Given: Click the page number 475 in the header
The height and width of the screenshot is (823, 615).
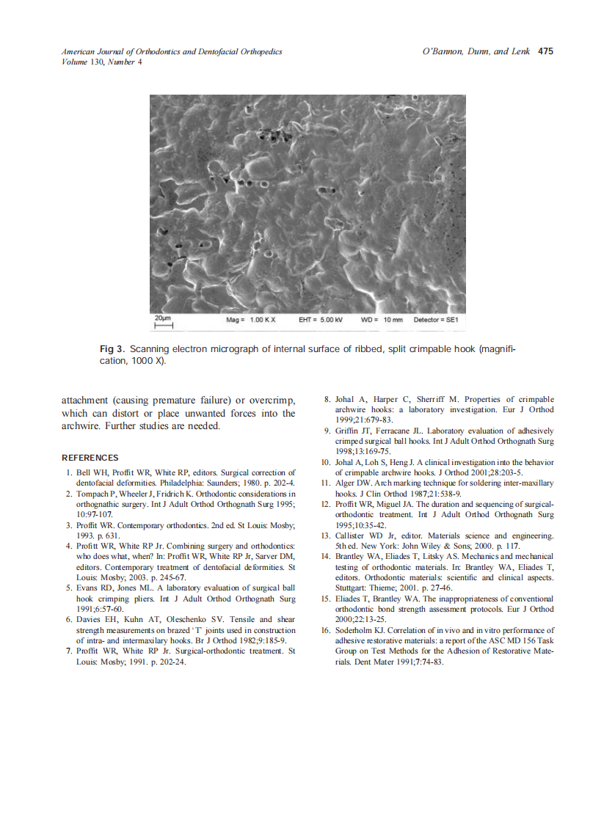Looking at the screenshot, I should tap(545, 51).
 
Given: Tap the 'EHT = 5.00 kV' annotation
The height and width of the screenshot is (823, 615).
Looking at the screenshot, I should tap(321, 321).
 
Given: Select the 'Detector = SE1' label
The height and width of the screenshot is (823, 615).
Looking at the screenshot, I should tap(436, 321).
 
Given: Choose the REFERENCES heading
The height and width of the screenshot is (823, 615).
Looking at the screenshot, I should tap(90, 458).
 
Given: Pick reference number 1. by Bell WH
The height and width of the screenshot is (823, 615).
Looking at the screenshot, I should tap(69, 473).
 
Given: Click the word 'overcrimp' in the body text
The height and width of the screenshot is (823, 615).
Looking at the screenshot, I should tap(272, 400).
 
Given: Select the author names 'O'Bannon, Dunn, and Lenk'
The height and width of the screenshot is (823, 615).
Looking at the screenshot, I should tap(476, 51).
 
